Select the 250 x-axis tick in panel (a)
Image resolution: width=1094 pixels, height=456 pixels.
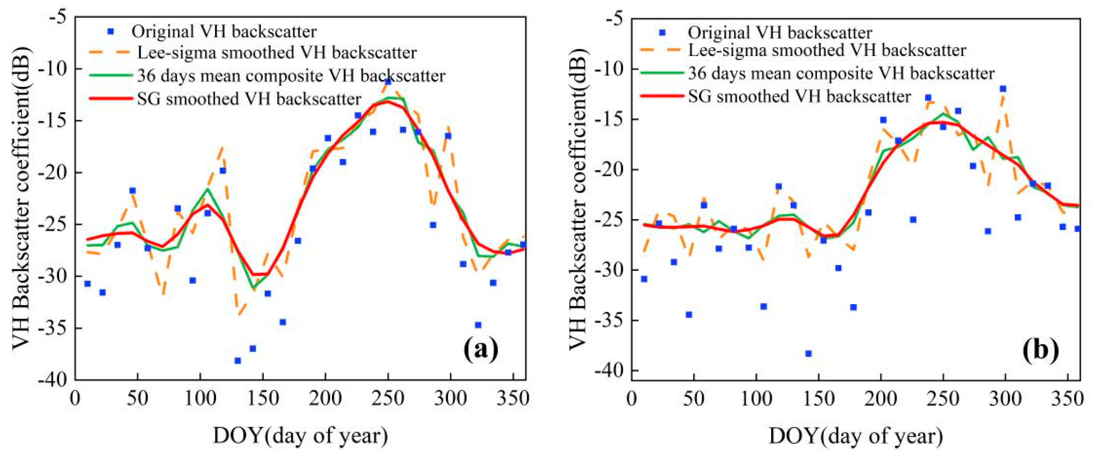pos(387,399)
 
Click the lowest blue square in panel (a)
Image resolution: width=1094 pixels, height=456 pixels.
pos(238,360)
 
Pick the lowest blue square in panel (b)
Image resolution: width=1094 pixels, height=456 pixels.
pos(808,353)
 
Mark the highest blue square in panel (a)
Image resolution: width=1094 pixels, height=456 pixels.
pos(388,81)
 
